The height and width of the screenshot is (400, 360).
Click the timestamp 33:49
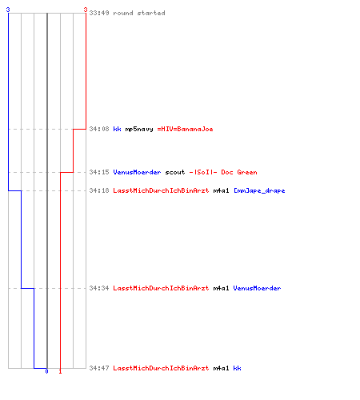coord(99,13)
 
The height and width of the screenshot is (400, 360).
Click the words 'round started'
coord(139,13)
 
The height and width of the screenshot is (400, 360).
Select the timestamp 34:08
coord(99,129)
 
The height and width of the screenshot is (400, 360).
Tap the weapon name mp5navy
coord(139,130)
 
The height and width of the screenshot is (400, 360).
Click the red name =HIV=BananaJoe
coord(185,129)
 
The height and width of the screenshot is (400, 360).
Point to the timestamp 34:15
coord(99,172)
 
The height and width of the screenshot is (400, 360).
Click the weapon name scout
coord(175,172)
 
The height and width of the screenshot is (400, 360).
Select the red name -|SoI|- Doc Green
coord(223,172)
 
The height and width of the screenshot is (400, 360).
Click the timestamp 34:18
coord(99,190)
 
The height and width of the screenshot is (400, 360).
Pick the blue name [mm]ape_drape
coord(259,191)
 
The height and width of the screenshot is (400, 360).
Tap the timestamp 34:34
coord(99,288)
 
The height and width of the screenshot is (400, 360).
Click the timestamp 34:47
coord(99,368)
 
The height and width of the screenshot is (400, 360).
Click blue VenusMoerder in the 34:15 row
coord(137,172)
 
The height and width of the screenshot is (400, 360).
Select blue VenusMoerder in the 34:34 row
coord(257,288)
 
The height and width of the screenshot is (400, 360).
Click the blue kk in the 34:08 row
coord(117,129)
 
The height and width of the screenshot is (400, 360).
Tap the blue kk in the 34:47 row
coord(237,368)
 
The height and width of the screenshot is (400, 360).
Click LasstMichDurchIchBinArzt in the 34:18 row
coord(161,190)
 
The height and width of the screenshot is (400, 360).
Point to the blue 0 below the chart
coord(46,371)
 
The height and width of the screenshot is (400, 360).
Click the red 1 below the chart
coord(60,371)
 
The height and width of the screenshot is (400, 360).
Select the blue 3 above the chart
coord(8,10)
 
